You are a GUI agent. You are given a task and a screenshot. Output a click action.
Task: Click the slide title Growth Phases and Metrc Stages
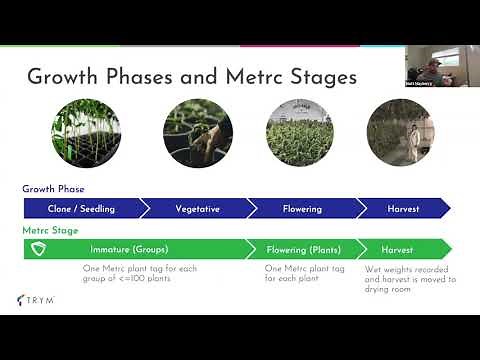pyautogui.click(x=191, y=76)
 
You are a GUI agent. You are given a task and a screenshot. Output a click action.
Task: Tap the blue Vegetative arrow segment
pyautogui.click(x=197, y=209)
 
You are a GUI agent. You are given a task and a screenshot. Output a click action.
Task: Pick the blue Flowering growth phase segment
pyautogui.click(x=301, y=209)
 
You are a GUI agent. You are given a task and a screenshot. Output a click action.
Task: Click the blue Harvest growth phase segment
pyautogui.click(x=403, y=209)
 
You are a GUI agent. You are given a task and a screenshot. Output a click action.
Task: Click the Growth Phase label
pyautogui.click(x=53, y=189)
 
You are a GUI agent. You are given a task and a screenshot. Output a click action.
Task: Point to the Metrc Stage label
pyautogui.click(x=51, y=230)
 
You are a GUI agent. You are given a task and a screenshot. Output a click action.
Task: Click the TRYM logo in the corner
pyautogui.click(x=38, y=299)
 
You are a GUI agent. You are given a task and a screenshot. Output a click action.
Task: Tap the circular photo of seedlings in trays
pyautogui.click(x=86, y=132)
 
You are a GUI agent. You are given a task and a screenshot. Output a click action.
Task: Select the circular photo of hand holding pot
pyautogui.click(x=198, y=132)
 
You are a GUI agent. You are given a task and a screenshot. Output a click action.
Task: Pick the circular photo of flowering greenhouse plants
pyautogui.click(x=300, y=132)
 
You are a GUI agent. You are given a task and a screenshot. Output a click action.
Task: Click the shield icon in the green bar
pyautogui.click(x=38, y=249)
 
